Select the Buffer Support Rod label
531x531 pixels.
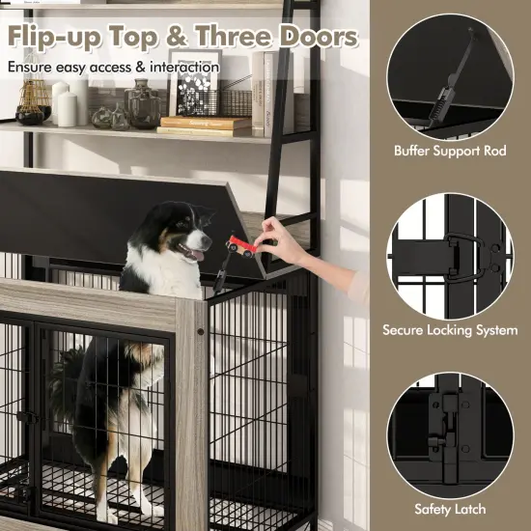pos(451,152)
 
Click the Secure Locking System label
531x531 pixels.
pos(451,330)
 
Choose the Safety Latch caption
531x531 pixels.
pos(451,508)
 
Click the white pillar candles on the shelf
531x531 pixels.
pos(65,104)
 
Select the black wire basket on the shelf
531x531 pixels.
pos(234,98)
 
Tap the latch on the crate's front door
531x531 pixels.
pos(30,418)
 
